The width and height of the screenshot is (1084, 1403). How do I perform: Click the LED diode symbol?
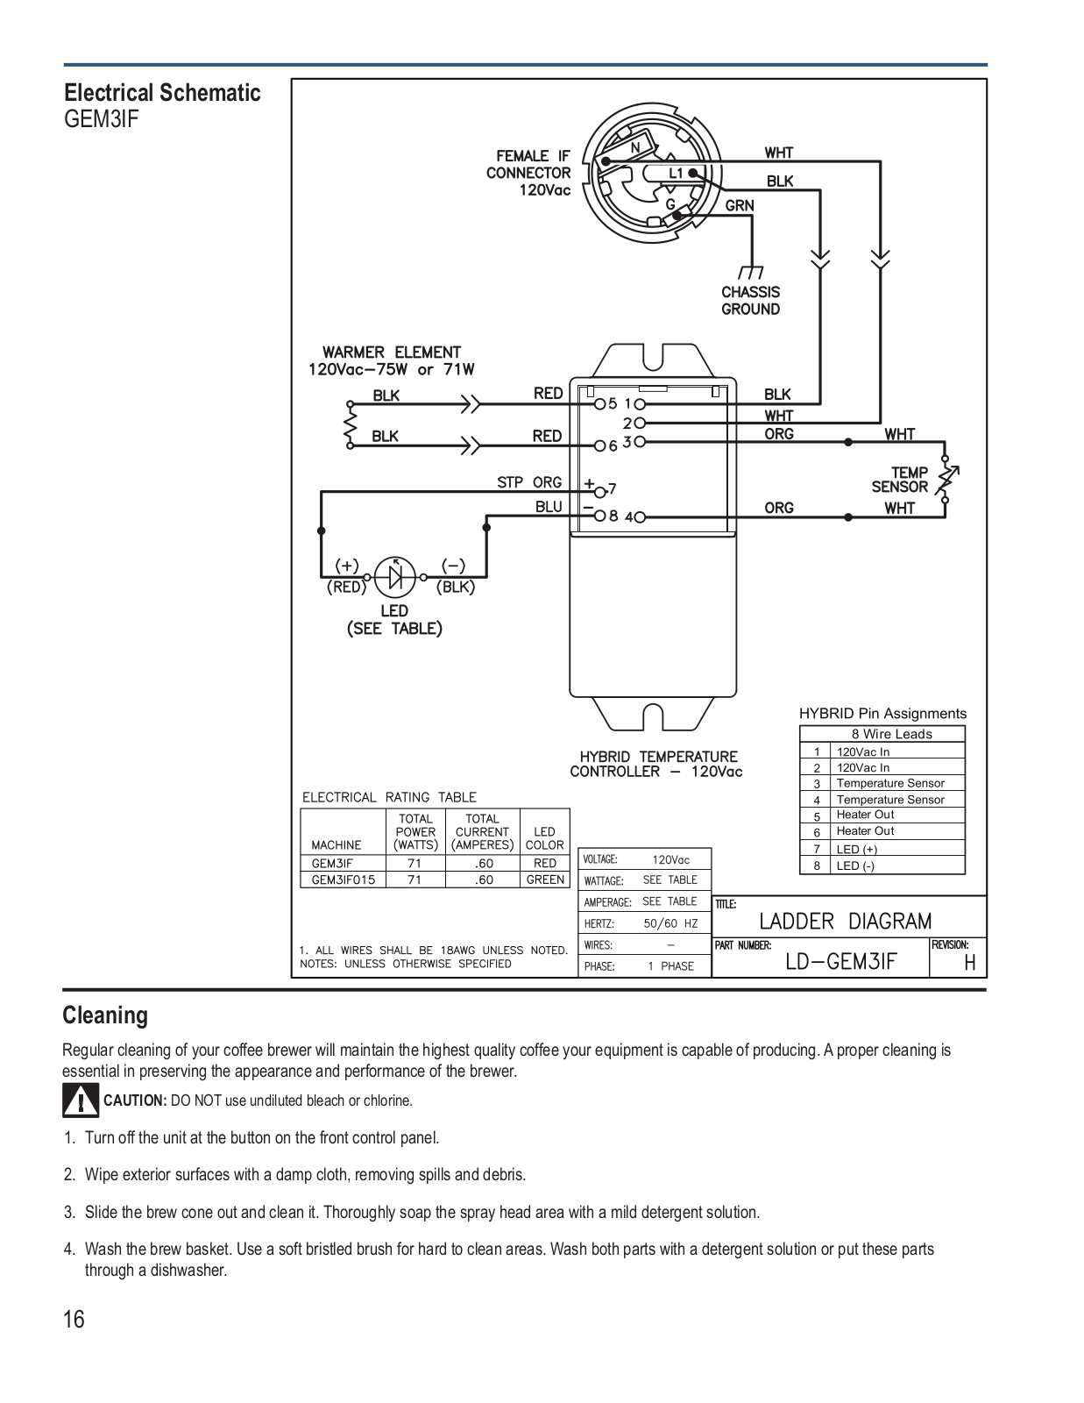click(395, 577)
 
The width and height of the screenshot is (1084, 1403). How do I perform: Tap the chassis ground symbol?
click(751, 272)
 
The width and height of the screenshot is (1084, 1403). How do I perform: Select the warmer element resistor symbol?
click(351, 424)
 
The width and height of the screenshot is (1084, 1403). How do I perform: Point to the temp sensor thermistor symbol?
click(947, 479)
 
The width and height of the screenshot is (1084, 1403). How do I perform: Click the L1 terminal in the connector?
click(693, 173)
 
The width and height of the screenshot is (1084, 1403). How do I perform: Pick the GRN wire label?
click(740, 205)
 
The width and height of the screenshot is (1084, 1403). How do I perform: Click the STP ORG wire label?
click(529, 482)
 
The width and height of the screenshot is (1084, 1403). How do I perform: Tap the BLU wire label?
click(549, 507)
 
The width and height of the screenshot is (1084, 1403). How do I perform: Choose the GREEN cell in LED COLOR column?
click(545, 880)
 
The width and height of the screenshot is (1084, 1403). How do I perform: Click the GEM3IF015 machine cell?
click(344, 880)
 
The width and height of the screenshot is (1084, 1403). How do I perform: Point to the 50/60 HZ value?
click(670, 923)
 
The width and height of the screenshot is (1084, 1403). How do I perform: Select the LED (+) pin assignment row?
click(882, 849)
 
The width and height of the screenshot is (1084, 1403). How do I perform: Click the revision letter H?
click(970, 963)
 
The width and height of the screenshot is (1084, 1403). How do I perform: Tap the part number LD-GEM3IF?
click(840, 962)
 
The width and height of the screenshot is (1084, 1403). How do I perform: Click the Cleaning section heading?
click(105, 1015)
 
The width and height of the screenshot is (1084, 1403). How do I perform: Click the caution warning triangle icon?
click(81, 1100)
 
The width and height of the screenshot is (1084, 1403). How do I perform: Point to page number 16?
click(74, 1319)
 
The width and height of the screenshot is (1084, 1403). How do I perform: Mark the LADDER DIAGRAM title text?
click(846, 921)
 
